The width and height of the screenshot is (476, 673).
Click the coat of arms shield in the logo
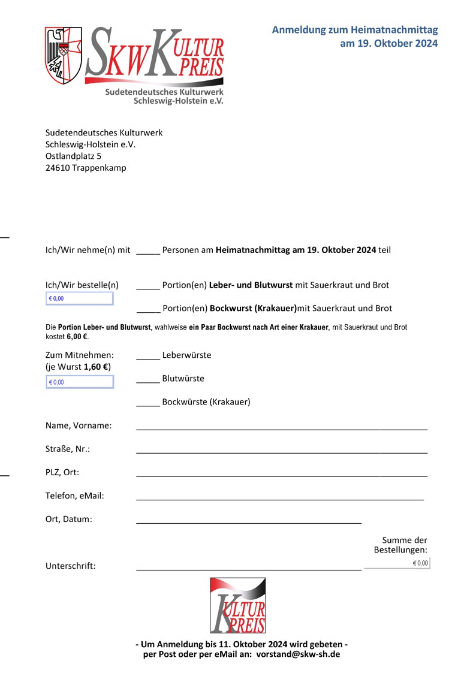click(64, 55)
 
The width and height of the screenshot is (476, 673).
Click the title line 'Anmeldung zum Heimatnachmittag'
click(355, 30)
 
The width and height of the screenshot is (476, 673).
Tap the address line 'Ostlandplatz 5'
click(74, 156)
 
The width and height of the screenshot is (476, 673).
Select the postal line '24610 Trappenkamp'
click(86, 168)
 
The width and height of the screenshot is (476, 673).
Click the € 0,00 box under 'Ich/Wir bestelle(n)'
click(79, 298)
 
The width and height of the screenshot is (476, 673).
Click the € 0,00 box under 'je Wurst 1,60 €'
click(79, 382)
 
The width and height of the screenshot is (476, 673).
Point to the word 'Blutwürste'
click(183, 379)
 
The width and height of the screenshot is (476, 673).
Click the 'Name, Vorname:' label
click(79, 425)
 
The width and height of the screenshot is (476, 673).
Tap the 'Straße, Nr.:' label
click(68, 449)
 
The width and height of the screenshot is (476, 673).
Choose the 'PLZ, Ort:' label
click(62, 472)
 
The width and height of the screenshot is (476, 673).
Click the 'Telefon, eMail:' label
click(75, 496)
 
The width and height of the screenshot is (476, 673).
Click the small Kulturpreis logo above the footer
click(237, 605)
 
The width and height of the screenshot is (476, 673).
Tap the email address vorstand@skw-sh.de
click(298, 654)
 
